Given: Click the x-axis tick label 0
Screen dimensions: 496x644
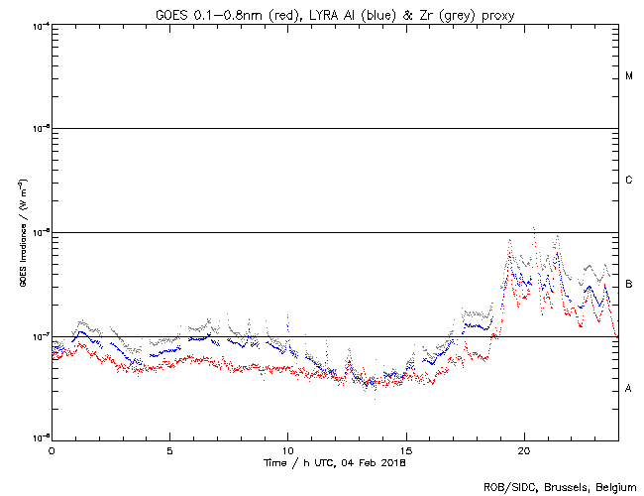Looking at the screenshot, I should [x=52, y=449].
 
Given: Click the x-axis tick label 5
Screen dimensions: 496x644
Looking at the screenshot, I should [x=169, y=449].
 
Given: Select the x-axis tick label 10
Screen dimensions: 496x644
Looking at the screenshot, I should [x=287, y=449].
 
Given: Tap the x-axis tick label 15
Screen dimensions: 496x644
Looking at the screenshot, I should [x=406, y=449].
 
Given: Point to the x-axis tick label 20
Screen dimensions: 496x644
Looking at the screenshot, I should [x=524, y=449].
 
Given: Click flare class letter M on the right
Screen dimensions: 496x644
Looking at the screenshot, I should [x=629, y=76].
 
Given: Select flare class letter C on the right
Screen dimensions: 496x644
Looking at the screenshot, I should [x=629, y=181].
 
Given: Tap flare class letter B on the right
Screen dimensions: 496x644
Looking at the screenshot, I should [x=629, y=285].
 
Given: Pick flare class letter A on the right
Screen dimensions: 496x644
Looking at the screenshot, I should [x=629, y=388].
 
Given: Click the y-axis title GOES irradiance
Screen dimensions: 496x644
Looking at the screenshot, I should [x=22, y=232].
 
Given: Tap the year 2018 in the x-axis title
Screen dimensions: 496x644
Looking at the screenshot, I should [x=390, y=462].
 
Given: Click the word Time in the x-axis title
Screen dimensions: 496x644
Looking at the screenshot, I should [x=274, y=462].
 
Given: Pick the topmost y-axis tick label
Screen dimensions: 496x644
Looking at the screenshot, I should [x=41, y=25].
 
